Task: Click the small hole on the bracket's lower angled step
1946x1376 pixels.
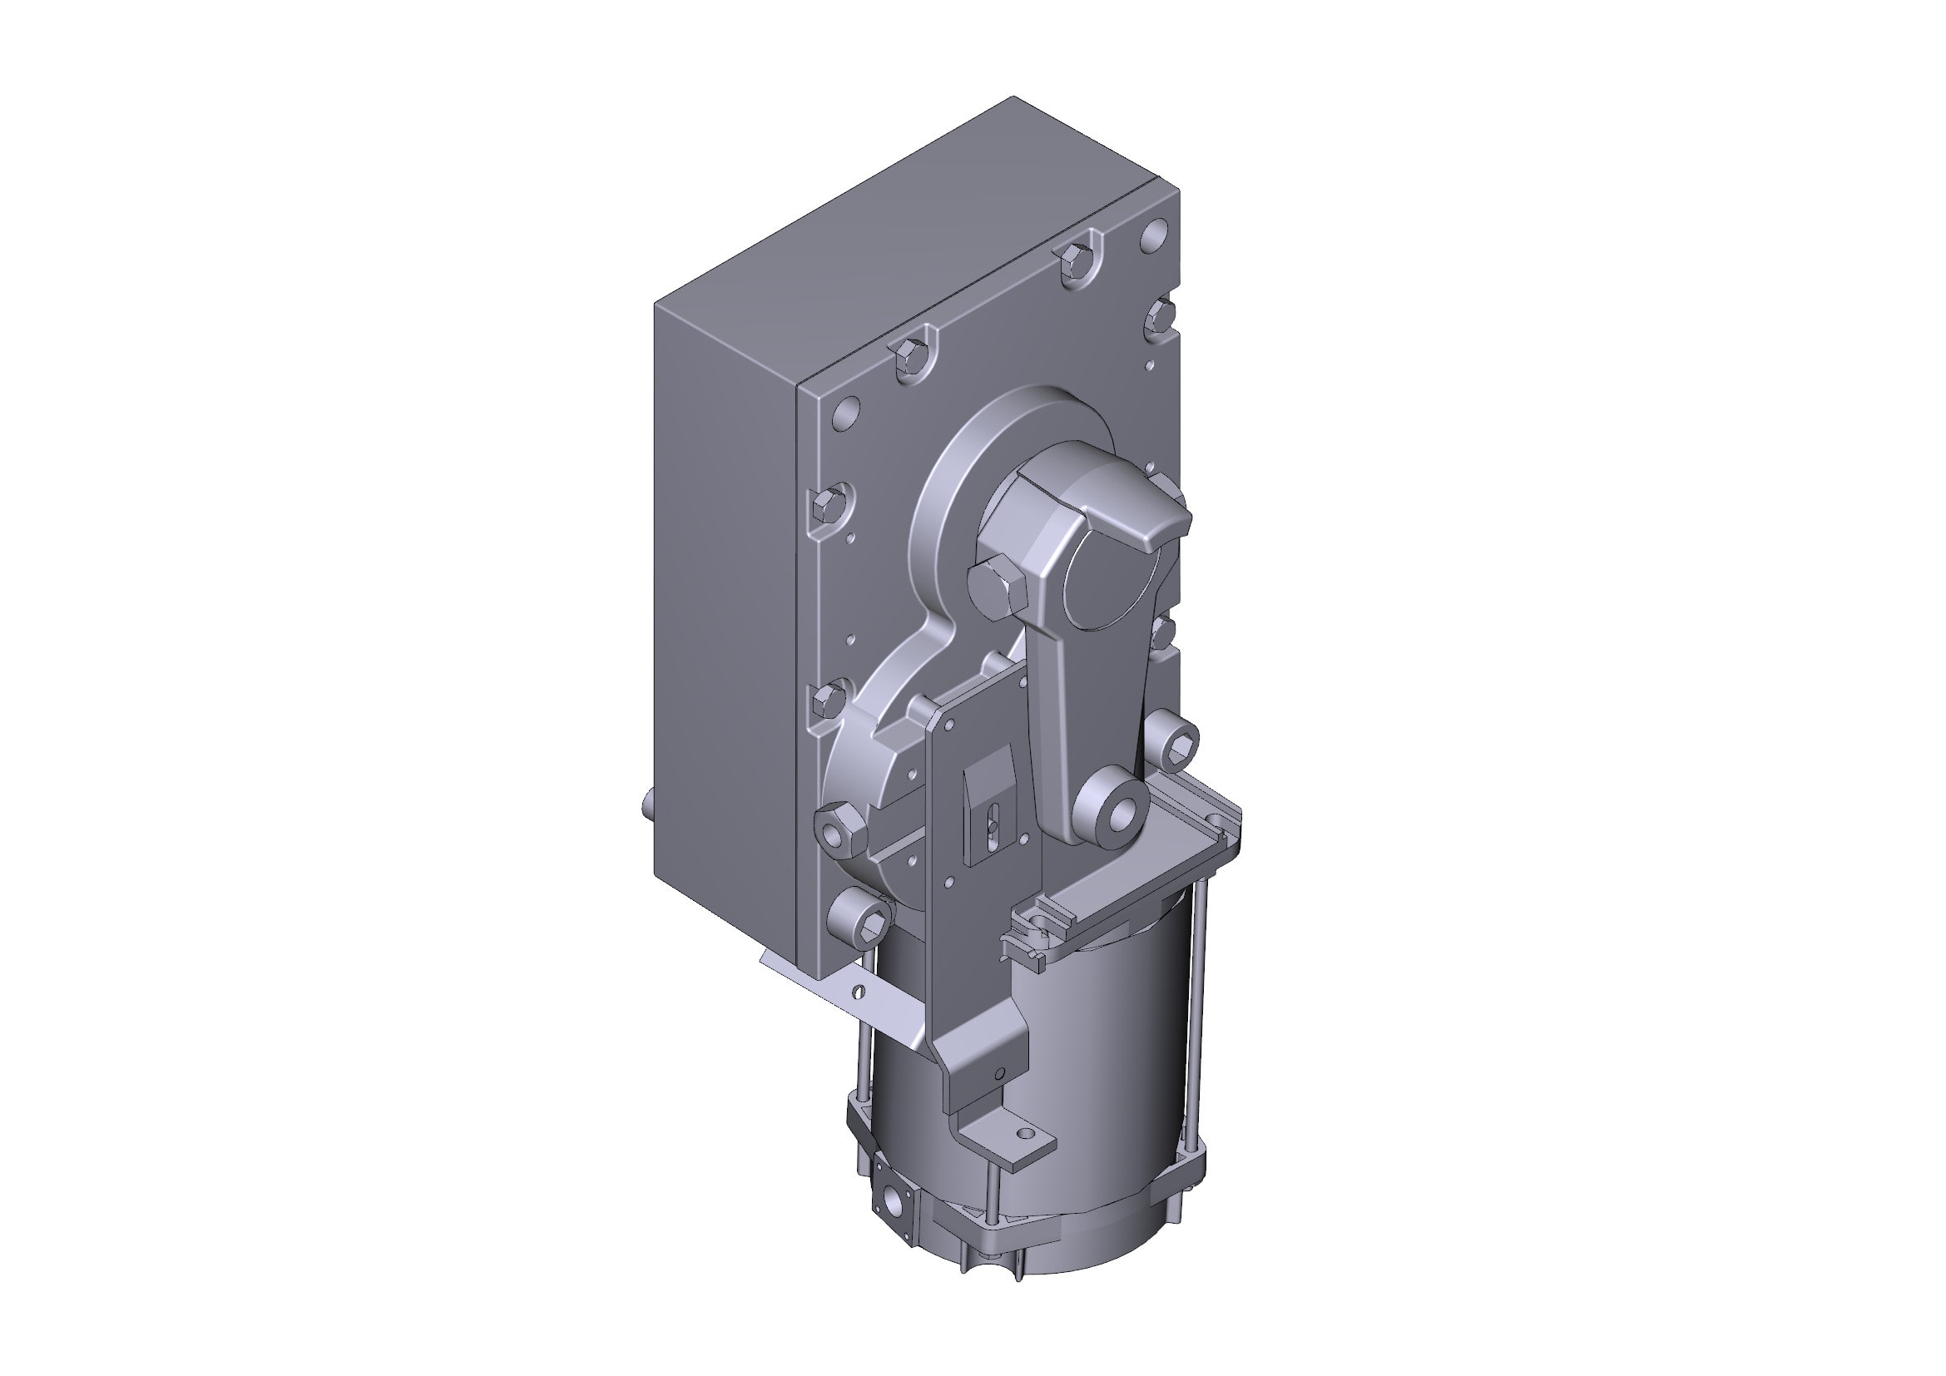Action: pyautogui.click(x=999, y=1074)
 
